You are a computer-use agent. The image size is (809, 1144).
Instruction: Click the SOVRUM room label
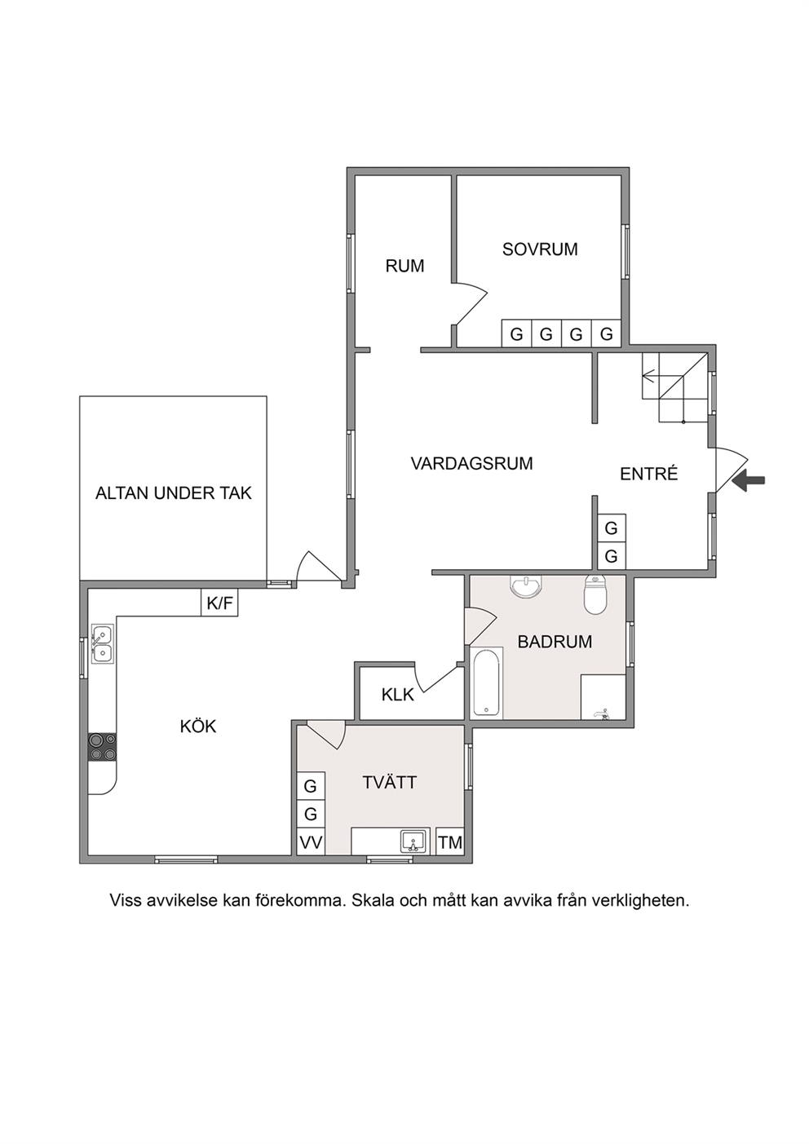coord(540,250)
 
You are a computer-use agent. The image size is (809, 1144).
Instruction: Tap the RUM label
coord(405,266)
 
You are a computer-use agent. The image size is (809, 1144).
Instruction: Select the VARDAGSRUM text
coord(472,463)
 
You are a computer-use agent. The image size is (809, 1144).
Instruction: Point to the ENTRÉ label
coord(648,474)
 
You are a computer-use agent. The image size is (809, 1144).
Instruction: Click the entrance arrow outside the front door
coord(749,480)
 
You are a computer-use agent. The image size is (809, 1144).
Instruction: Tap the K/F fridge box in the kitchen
coord(219,603)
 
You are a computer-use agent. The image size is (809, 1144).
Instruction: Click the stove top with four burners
coord(103,747)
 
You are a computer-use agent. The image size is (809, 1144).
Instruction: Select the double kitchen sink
coord(102,644)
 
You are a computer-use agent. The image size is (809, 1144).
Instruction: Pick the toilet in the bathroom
coord(595,594)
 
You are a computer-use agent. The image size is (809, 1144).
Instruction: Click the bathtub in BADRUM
coord(487,682)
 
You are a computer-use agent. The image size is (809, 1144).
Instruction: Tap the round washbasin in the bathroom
coord(525,586)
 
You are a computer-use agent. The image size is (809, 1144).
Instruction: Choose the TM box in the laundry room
coord(450,841)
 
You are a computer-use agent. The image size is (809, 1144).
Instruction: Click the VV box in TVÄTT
coord(311,841)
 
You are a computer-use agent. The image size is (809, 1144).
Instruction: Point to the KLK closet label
coord(397,695)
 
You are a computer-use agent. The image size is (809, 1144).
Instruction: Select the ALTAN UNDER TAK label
coord(174,492)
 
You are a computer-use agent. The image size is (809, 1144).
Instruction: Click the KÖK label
coord(198,727)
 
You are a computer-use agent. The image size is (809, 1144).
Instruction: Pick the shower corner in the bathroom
coord(603,697)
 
